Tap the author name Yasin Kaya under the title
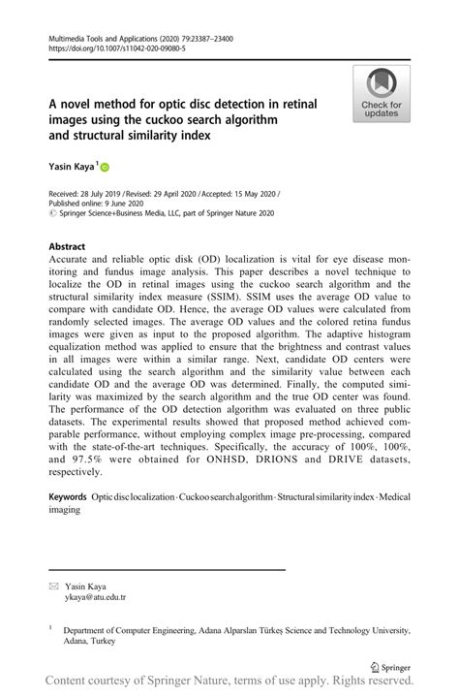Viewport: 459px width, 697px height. [x=71, y=167]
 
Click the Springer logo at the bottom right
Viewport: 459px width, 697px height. [x=396, y=667]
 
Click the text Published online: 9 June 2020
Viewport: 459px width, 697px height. [x=102, y=205]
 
